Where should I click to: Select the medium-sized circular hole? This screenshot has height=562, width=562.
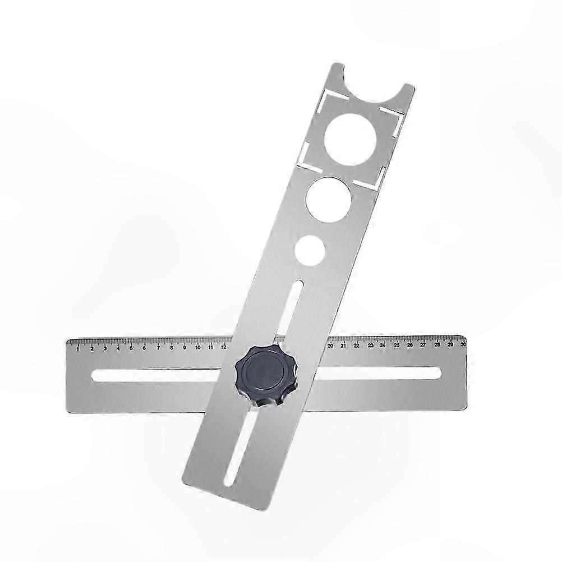click(x=329, y=197)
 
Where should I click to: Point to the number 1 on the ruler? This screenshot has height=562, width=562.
click(x=78, y=348)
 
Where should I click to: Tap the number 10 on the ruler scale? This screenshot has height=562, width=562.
click(x=197, y=347)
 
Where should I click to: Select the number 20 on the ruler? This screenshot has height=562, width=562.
click(x=330, y=346)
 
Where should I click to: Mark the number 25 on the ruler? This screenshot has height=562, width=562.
click(x=397, y=346)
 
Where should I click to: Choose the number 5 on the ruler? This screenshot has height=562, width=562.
click(x=131, y=348)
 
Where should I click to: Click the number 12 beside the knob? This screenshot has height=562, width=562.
click(x=224, y=347)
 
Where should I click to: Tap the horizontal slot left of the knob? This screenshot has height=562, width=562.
click(x=163, y=376)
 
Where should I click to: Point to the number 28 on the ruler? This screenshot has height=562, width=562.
click(x=437, y=345)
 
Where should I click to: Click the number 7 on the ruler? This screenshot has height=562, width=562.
click(x=158, y=348)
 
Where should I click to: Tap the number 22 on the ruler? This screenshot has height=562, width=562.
click(x=357, y=346)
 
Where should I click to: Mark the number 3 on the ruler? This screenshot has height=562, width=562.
click(x=105, y=348)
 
